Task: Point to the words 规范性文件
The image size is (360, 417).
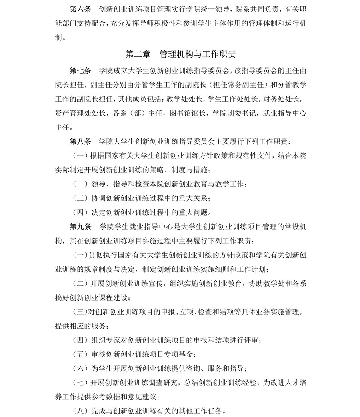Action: coord(246,156)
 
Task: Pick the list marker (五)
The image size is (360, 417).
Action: coord(80,354)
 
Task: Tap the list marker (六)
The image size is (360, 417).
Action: coord(80,368)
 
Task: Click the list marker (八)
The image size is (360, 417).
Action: coord(80,411)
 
